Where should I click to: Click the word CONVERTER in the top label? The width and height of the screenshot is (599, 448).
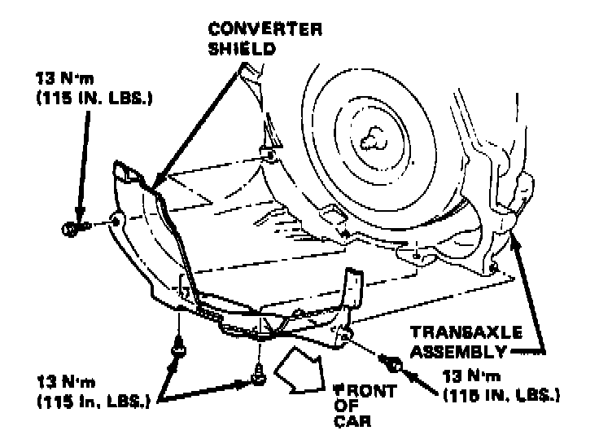(265, 30)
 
